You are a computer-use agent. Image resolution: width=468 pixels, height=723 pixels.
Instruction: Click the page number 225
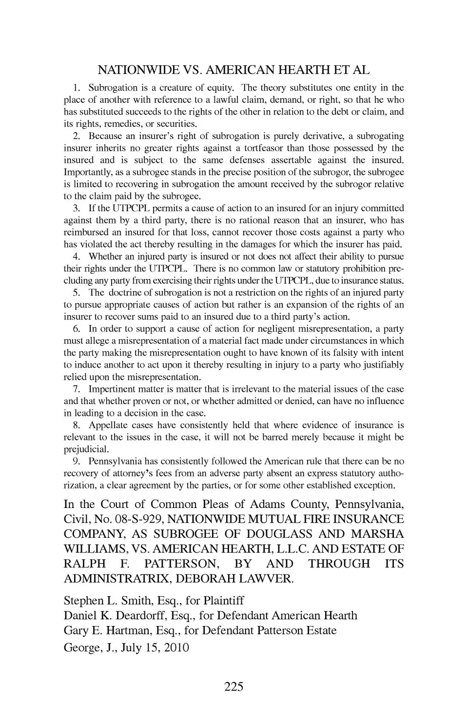pos(234,687)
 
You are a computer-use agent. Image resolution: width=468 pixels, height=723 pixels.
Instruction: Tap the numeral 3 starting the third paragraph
pos(76,208)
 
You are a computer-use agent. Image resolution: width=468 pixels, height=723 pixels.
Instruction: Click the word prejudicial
pos(85,449)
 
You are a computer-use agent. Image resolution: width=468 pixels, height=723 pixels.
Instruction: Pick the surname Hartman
pos(129,630)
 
